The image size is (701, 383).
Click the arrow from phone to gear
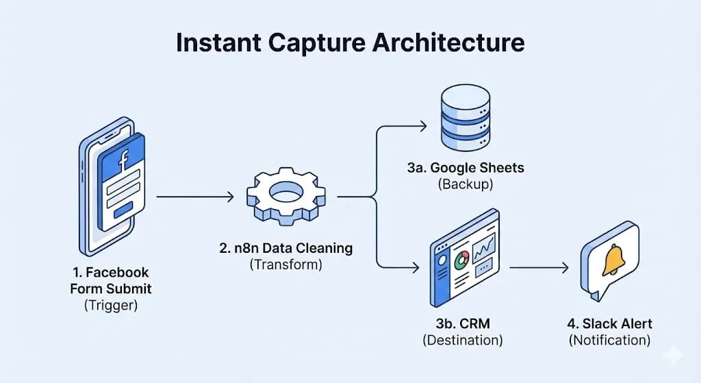tap(195, 197)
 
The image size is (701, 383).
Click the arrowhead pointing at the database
tap(422, 126)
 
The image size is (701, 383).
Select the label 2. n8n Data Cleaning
tap(286, 248)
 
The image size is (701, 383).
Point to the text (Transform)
tap(286, 264)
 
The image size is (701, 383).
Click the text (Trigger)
tap(110, 306)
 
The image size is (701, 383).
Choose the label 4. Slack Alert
tap(609, 323)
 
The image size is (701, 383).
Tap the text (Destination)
tap(462, 340)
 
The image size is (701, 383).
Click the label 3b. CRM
tap(462, 323)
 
